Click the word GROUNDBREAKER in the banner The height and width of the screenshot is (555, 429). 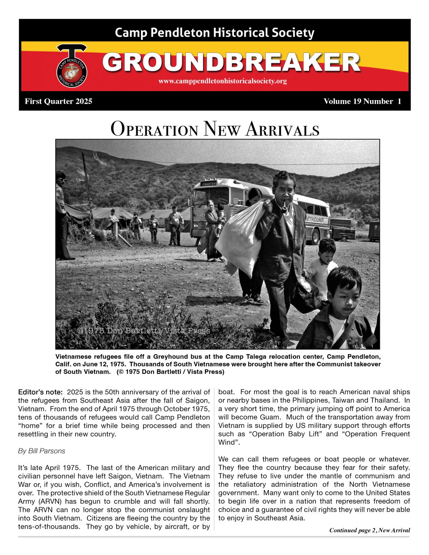tap(231, 63)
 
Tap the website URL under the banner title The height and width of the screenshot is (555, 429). tap(222, 81)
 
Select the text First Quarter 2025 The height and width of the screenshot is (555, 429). tap(59, 102)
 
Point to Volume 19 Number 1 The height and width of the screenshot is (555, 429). tap(362, 102)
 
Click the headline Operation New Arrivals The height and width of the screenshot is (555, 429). tap(215, 129)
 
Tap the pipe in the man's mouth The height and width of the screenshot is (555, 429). tap(285, 207)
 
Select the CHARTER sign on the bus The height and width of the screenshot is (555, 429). tap(209, 184)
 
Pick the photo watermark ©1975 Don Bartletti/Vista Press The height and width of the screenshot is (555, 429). tap(143, 331)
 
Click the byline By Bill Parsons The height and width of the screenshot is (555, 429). tap(42, 451)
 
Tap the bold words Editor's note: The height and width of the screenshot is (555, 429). tap(40, 392)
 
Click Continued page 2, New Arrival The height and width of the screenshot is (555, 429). tap(369, 530)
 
